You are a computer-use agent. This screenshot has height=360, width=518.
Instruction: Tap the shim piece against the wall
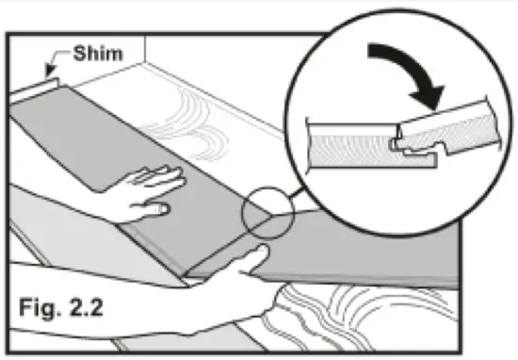pos(42,86)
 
